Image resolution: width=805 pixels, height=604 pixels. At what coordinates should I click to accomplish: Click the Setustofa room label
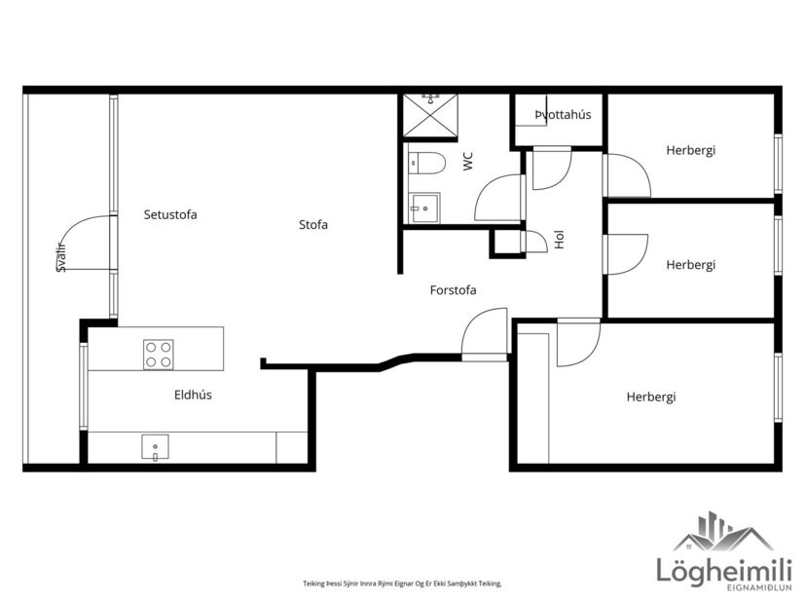pyautogui.click(x=170, y=214)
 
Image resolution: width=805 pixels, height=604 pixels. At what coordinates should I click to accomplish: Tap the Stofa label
pyautogui.click(x=313, y=225)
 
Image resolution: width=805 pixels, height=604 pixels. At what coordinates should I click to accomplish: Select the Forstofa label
pyautogui.click(x=453, y=289)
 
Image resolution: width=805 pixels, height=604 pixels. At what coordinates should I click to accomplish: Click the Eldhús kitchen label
pyautogui.click(x=193, y=395)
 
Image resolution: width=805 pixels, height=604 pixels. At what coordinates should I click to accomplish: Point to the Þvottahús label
pyautogui.click(x=563, y=115)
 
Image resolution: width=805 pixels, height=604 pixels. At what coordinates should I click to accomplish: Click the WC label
pyautogui.click(x=468, y=162)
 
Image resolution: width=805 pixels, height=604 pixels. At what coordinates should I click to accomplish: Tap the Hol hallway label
pyautogui.click(x=559, y=240)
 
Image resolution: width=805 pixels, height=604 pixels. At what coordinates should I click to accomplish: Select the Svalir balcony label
pyautogui.click(x=61, y=256)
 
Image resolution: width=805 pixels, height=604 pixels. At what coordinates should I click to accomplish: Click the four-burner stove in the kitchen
pyautogui.click(x=159, y=354)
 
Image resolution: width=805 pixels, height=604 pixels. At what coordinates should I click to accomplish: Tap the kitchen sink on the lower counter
pyautogui.click(x=154, y=448)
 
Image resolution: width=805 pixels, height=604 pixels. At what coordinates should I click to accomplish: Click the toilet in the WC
pyautogui.click(x=426, y=163)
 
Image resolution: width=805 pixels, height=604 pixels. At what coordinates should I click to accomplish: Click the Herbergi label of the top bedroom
pyautogui.click(x=690, y=150)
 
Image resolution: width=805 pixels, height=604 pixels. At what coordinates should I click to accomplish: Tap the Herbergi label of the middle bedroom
pyautogui.click(x=690, y=265)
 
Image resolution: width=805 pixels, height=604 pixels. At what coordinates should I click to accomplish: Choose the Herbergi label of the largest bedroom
pyautogui.click(x=650, y=396)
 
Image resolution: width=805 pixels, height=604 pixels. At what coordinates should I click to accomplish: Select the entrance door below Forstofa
pyautogui.click(x=484, y=336)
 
